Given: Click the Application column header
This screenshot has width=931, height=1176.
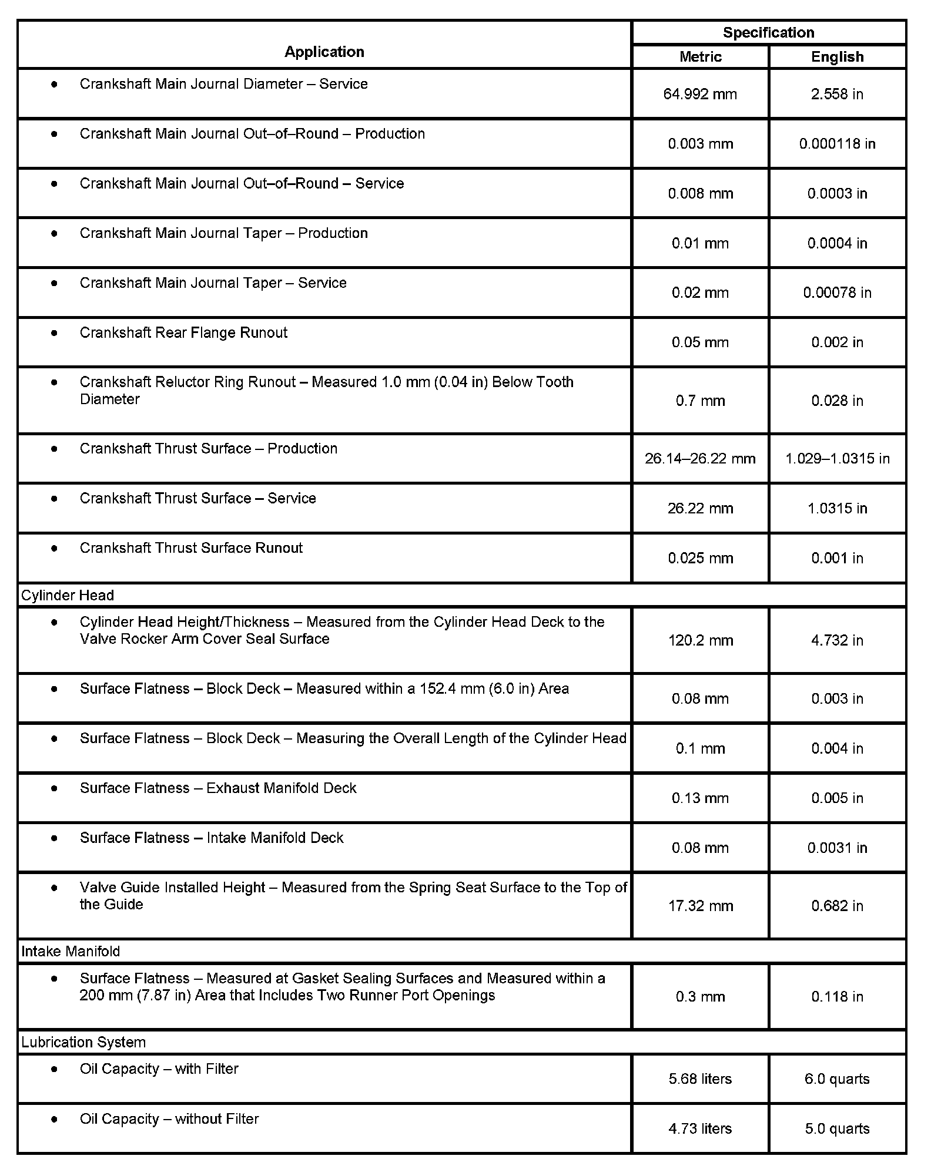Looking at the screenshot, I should point(324,52).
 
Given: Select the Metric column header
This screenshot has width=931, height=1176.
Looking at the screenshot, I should point(700,57).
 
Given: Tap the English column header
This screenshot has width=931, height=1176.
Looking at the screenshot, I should point(837,57).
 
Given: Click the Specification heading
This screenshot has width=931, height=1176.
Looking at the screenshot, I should point(768,32).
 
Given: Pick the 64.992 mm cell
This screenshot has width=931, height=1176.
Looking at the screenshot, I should point(700,94).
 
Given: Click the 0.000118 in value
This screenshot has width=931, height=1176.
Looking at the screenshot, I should point(837,144).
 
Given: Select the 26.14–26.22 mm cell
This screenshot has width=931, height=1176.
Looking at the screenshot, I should point(700,458).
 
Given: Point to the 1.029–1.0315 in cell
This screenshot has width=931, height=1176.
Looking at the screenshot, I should point(837,458).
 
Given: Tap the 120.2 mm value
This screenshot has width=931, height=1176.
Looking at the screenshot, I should point(700,640).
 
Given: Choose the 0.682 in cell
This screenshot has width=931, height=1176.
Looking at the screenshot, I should point(837,906).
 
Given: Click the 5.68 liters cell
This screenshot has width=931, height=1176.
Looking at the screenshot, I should point(700,1079).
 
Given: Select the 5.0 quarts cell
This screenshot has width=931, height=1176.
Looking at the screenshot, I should point(837,1128).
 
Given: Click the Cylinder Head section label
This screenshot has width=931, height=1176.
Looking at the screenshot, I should point(68,595).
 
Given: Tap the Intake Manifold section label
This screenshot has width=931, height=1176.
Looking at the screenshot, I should point(71,951).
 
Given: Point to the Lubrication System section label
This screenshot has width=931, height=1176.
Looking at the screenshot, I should point(83,1042).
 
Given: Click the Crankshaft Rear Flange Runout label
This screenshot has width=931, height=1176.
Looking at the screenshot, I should point(183,332).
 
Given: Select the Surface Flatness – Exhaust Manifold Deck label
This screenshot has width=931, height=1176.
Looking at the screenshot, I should point(218,788).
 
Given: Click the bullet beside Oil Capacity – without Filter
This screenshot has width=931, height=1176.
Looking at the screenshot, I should point(55,1119).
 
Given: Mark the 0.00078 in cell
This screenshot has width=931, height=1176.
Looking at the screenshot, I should point(837,293).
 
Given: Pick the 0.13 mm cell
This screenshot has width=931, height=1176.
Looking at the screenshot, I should point(700,798).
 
